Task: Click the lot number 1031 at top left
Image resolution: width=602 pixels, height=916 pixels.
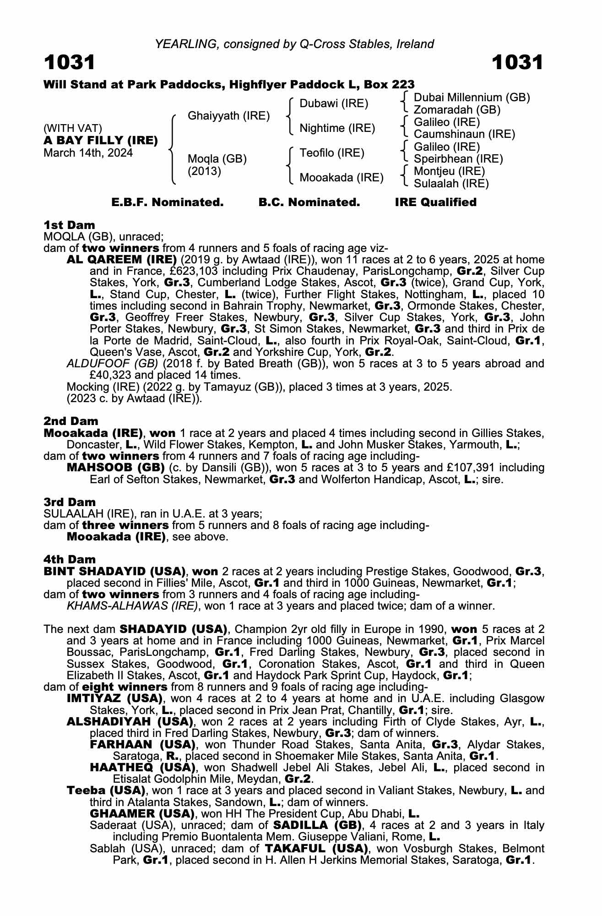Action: pos(70,62)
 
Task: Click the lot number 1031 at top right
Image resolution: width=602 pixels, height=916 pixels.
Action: pos(517,62)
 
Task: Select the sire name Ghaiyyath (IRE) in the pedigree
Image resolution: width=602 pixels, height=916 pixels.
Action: pos(228,116)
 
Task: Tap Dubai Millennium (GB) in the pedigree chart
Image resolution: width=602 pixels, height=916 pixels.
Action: pos(472,98)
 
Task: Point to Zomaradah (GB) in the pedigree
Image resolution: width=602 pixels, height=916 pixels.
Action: pos(457,110)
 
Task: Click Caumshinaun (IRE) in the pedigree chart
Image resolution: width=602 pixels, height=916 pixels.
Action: pos(464,134)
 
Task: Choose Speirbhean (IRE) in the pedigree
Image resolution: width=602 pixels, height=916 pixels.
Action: pos(458,159)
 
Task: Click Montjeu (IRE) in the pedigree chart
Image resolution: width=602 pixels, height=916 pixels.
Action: pos(449,171)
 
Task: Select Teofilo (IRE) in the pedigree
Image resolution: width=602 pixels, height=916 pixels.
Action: pos(332,153)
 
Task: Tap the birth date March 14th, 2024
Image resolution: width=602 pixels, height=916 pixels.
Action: pos(88,153)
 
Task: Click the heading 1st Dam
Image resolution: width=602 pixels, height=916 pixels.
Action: pos(69,225)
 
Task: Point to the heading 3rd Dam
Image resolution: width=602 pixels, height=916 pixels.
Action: pos(70,502)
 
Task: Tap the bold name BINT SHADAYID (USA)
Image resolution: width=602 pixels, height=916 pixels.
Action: pos(114,572)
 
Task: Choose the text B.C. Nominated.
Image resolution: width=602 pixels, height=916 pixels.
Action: pos(309,202)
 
